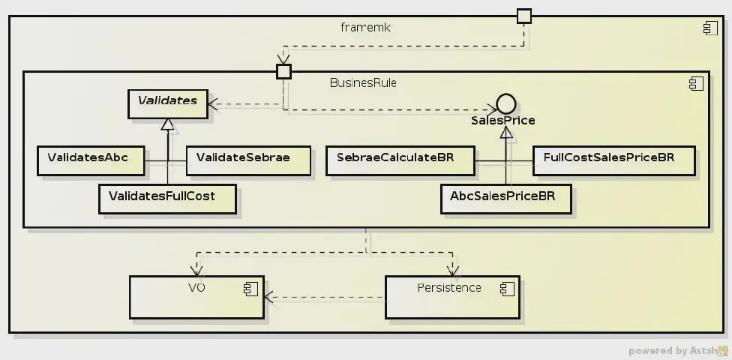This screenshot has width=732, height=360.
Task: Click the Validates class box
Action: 166,104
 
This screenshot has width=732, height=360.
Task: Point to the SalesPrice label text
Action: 503,120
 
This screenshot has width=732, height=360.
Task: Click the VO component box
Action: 196,296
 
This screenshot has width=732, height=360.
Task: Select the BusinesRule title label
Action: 363,82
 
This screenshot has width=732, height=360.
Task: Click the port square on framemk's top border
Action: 523,16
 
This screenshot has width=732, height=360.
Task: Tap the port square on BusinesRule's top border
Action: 283,71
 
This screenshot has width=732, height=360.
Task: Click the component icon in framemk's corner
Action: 709,28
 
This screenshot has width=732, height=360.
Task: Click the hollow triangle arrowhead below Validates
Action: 167,124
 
